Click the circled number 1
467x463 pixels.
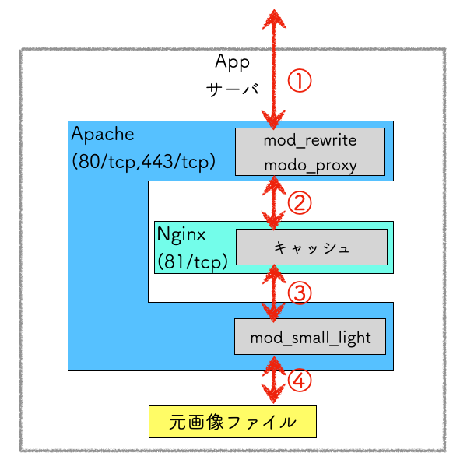[300, 80]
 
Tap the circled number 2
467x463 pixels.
[300, 202]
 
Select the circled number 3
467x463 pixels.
[300, 293]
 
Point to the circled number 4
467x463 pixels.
[300, 381]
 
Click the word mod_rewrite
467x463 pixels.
[310, 141]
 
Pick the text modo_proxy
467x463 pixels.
[310, 164]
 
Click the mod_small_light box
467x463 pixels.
[310, 337]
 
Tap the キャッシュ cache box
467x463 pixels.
[310, 247]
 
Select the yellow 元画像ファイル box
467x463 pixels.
[233, 423]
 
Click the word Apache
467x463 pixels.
[103, 134]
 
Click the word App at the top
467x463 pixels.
[232, 61]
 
